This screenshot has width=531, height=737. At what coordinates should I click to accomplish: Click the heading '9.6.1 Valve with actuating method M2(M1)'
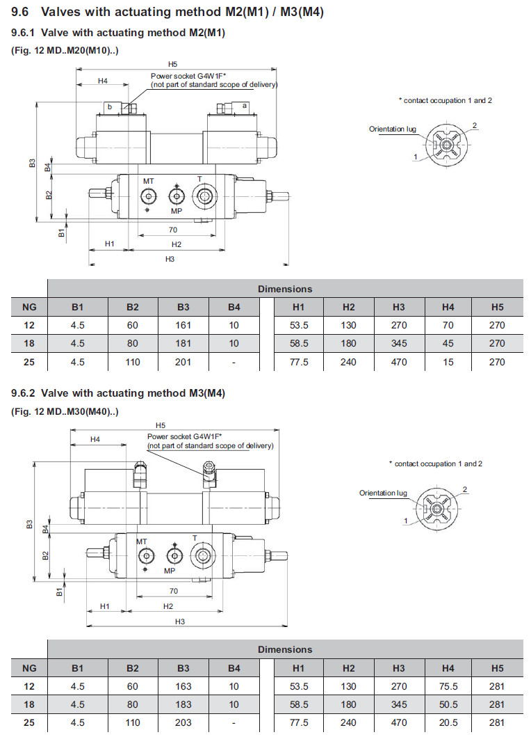(118, 33)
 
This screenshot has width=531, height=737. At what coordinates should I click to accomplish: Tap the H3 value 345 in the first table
(398, 343)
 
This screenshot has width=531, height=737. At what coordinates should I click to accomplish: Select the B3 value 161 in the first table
(183, 325)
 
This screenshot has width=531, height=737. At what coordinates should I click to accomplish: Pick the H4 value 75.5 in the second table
(448, 686)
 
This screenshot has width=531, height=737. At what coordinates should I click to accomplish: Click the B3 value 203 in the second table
(183, 722)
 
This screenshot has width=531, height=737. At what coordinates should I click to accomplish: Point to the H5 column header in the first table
(497, 306)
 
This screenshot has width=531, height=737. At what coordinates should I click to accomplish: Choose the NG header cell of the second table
(29, 668)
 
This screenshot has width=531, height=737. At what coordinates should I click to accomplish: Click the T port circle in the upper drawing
(204, 198)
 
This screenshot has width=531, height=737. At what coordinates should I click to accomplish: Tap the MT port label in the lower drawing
(142, 541)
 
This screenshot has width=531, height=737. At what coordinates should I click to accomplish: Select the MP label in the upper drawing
(177, 211)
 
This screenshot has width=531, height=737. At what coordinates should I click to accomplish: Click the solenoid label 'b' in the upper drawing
(109, 106)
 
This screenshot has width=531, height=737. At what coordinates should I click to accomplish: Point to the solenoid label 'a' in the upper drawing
(245, 106)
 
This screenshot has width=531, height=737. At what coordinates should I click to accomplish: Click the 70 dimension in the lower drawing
(173, 591)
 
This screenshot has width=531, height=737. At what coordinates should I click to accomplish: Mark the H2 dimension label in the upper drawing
(177, 244)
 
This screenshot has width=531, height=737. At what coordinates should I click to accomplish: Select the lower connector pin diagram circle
(436, 509)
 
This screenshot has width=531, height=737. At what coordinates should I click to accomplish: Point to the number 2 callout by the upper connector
(475, 125)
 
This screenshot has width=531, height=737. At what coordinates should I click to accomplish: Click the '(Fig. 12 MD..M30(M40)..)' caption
(65, 411)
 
